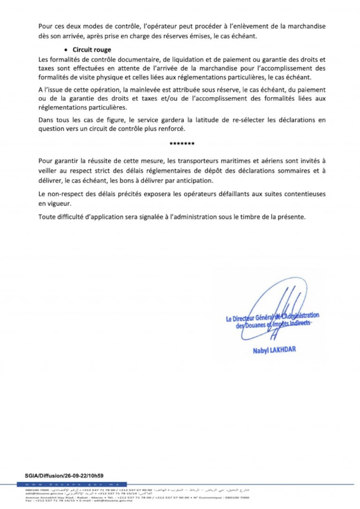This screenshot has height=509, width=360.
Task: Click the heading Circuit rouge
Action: click(x=92, y=49)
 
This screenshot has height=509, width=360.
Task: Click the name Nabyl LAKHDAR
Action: click(x=274, y=350)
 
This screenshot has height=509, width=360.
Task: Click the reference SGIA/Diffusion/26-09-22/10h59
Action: click(x=64, y=475)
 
